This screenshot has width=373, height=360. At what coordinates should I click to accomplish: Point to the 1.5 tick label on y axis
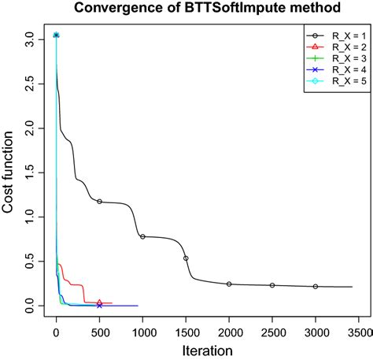[x=29, y=171]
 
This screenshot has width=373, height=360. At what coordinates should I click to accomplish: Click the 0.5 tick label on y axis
[x=29, y=261]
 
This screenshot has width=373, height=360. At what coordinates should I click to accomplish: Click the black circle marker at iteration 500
[x=99, y=201]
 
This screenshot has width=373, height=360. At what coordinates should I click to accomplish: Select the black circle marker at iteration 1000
[x=142, y=236]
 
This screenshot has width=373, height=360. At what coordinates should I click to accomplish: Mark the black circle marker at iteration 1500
[x=186, y=258]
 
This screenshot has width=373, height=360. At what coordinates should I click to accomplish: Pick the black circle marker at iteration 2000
[x=229, y=284]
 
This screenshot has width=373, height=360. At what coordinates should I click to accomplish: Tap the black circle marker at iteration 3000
[x=316, y=286]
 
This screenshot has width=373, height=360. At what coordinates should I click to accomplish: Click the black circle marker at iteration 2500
[x=272, y=285]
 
